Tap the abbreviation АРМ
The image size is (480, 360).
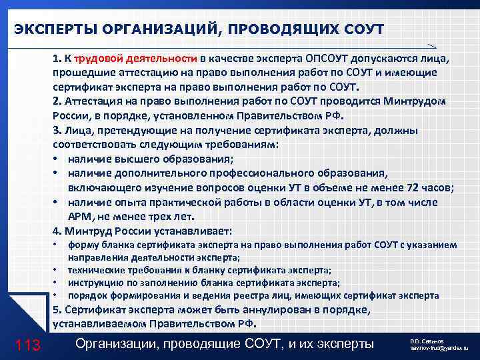click(x=79, y=217)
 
